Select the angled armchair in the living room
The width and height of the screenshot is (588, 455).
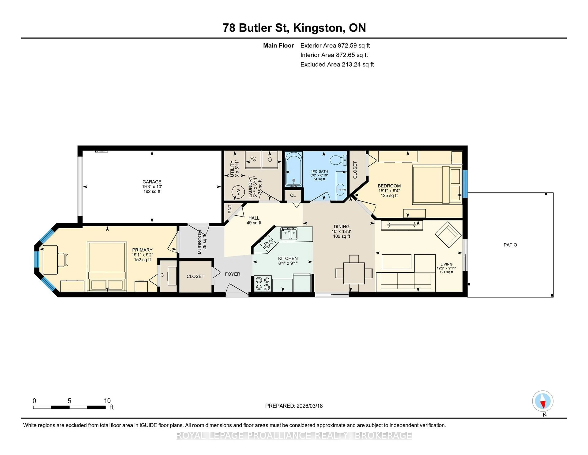pos(448,235)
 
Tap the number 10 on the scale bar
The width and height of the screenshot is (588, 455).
pos(107,401)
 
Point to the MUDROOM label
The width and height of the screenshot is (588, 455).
pos(200,242)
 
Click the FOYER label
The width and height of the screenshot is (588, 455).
pos(232,274)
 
